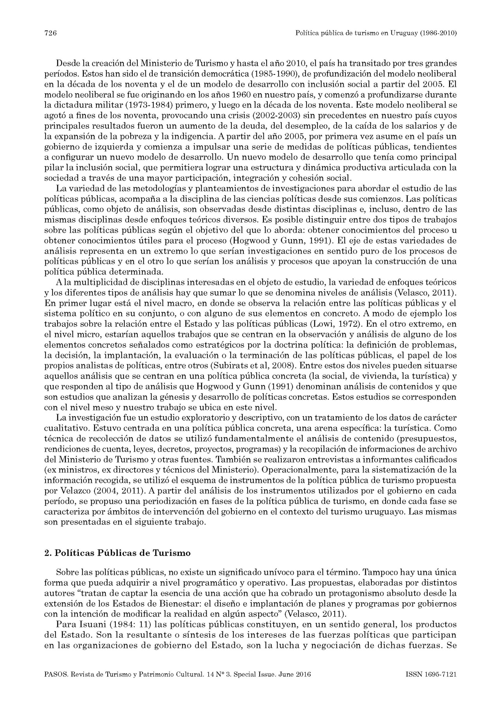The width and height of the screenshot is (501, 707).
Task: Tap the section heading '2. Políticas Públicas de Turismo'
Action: (x=117, y=553)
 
